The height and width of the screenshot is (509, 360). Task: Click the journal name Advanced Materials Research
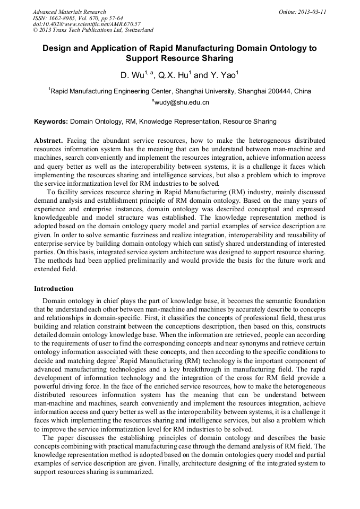pyautogui.click(x=69, y=12)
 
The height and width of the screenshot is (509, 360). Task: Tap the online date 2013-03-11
pyautogui.click(x=311, y=12)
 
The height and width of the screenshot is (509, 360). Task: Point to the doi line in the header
pyautogui.click(x=87, y=24)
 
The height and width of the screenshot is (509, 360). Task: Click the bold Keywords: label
pyautogui.click(x=51, y=122)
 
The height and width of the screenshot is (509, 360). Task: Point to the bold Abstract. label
pyautogui.click(x=49, y=141)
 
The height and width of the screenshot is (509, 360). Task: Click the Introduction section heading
pyautogui.click(x=54, y=289)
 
